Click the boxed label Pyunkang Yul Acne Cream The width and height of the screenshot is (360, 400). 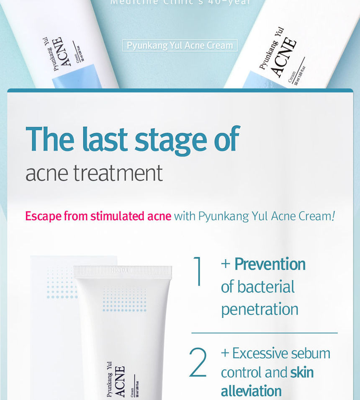click(x=180, y=45)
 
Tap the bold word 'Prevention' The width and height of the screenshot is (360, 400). click(x=270, y=264)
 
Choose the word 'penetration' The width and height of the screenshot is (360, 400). click(x=260, y=310)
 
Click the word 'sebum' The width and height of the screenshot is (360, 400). click(x=311, y=353)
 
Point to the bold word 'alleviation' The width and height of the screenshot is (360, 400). click(x=251, y=391)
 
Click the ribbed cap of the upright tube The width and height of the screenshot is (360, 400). click(x=123, y=272)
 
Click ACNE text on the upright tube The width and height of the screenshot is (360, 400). click(x=120, y=381)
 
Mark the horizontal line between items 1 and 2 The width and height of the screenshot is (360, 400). click(x=264, y=333)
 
